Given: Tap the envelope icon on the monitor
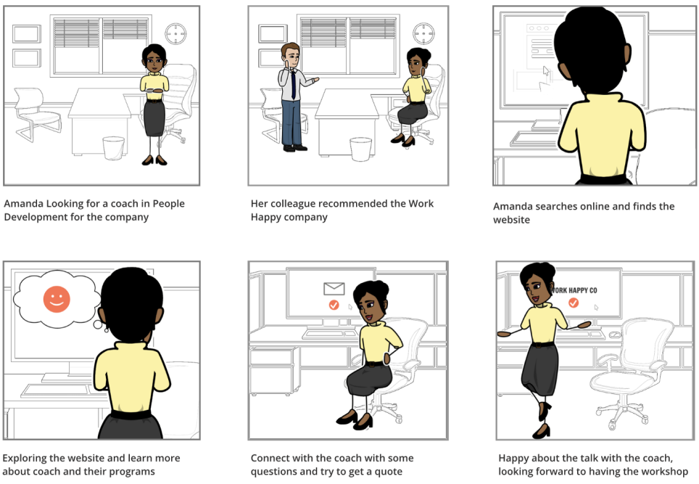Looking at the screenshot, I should point(334,289).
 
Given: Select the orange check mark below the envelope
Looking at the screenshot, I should point(334,305).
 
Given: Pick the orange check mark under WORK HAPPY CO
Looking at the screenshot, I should point(574,303).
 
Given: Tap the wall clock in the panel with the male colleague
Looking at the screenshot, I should point(423,33).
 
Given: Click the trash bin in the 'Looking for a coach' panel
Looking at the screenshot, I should point(113,147).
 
